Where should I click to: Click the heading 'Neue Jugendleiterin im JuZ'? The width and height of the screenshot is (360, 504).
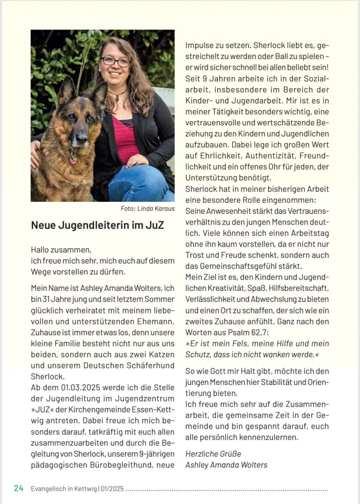point(97,225)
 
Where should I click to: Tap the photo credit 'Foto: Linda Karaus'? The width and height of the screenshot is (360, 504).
point(148,209)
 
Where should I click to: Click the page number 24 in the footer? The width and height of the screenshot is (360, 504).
point(19,488)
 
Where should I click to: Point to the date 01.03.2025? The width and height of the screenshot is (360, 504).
point(80,387)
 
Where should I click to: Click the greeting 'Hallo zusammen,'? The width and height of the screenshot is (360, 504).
point(60,250)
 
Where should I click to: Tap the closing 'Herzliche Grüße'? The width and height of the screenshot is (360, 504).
point(213,454)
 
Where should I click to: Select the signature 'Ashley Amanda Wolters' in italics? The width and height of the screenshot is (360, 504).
point(226,465)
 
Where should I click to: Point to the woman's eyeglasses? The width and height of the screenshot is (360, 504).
point(116,62)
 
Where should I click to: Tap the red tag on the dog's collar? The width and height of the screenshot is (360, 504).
point(73,159)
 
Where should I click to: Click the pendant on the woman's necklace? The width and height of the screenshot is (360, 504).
point(117,98)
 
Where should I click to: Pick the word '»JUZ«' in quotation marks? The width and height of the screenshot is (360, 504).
point(40,409)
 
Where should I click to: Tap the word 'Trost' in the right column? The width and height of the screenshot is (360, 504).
point(195,255)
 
